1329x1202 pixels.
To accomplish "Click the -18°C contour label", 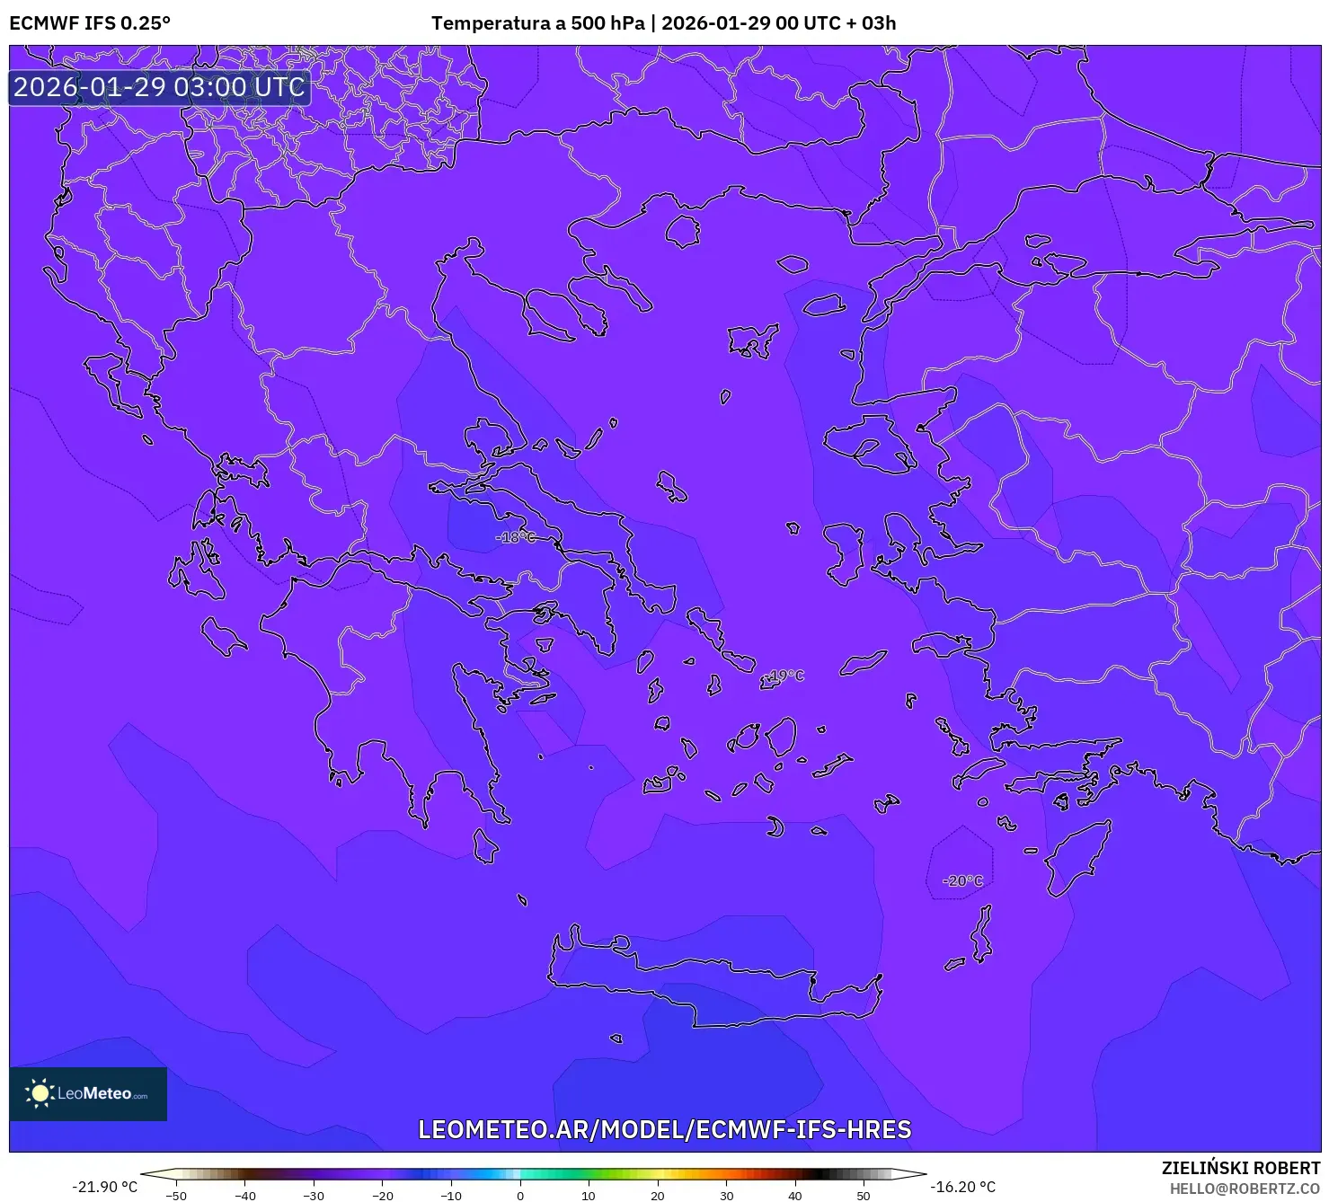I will [516, 537].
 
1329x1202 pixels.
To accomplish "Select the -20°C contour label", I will [963, 881].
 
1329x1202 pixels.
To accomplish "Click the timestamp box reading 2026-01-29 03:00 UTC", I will [159, 87].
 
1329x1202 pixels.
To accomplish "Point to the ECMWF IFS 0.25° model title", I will [90, 23].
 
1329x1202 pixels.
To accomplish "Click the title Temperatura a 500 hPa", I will [537, 23].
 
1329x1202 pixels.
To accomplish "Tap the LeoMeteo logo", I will [88, 1093].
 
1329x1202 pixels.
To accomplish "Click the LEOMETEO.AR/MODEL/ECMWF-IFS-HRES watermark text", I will [665, 1129].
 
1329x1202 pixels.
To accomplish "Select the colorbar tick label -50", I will [176, 1196].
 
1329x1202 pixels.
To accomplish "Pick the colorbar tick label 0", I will [519, 1196].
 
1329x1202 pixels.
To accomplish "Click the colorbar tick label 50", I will [864, 1196].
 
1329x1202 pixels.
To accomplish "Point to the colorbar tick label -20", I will [383, 1196].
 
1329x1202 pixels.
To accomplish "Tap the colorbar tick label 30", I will [726, 1196].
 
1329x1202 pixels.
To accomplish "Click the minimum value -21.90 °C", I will [105, 1187].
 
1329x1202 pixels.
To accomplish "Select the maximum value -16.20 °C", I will [962, 1187].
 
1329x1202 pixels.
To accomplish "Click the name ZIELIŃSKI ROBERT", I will [1241, 1168].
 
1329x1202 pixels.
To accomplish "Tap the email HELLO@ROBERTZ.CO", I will [1245, 1189].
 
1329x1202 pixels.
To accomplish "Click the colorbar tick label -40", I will [245, 1196].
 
